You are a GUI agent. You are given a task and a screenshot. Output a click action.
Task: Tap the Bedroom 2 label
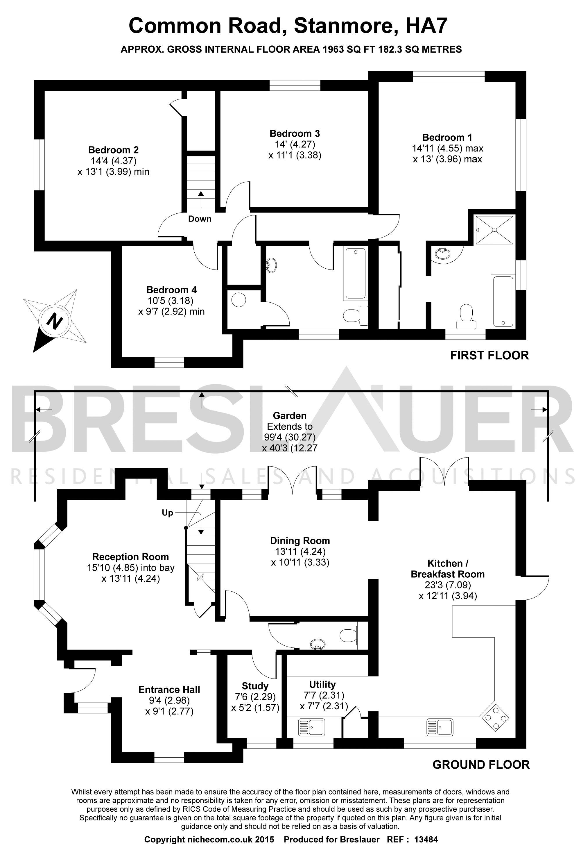click(x=113, y=150)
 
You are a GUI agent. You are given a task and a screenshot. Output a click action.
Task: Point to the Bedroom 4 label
click(x=171, y=290)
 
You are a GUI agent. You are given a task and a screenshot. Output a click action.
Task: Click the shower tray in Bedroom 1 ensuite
click(x=494, y=230)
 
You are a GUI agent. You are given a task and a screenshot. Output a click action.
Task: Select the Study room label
click(x=255, y=686)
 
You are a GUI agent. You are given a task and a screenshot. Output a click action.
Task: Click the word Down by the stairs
click(x=200, y=219)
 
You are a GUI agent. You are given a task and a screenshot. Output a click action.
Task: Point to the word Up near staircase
click(x=167, y=513)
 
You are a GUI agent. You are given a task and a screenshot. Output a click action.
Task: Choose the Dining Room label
click(x=300, y=541)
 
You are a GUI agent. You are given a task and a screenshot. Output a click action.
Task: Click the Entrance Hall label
click(x=169, y=690)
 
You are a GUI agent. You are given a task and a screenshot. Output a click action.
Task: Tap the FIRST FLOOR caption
click(x=489, y=356)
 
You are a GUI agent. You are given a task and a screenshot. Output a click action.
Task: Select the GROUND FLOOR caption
click(x=481, y=765)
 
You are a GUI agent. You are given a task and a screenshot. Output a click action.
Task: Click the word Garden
click(x=290, y=416)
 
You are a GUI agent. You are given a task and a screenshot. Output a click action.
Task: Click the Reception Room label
click(x=130, y=557)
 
